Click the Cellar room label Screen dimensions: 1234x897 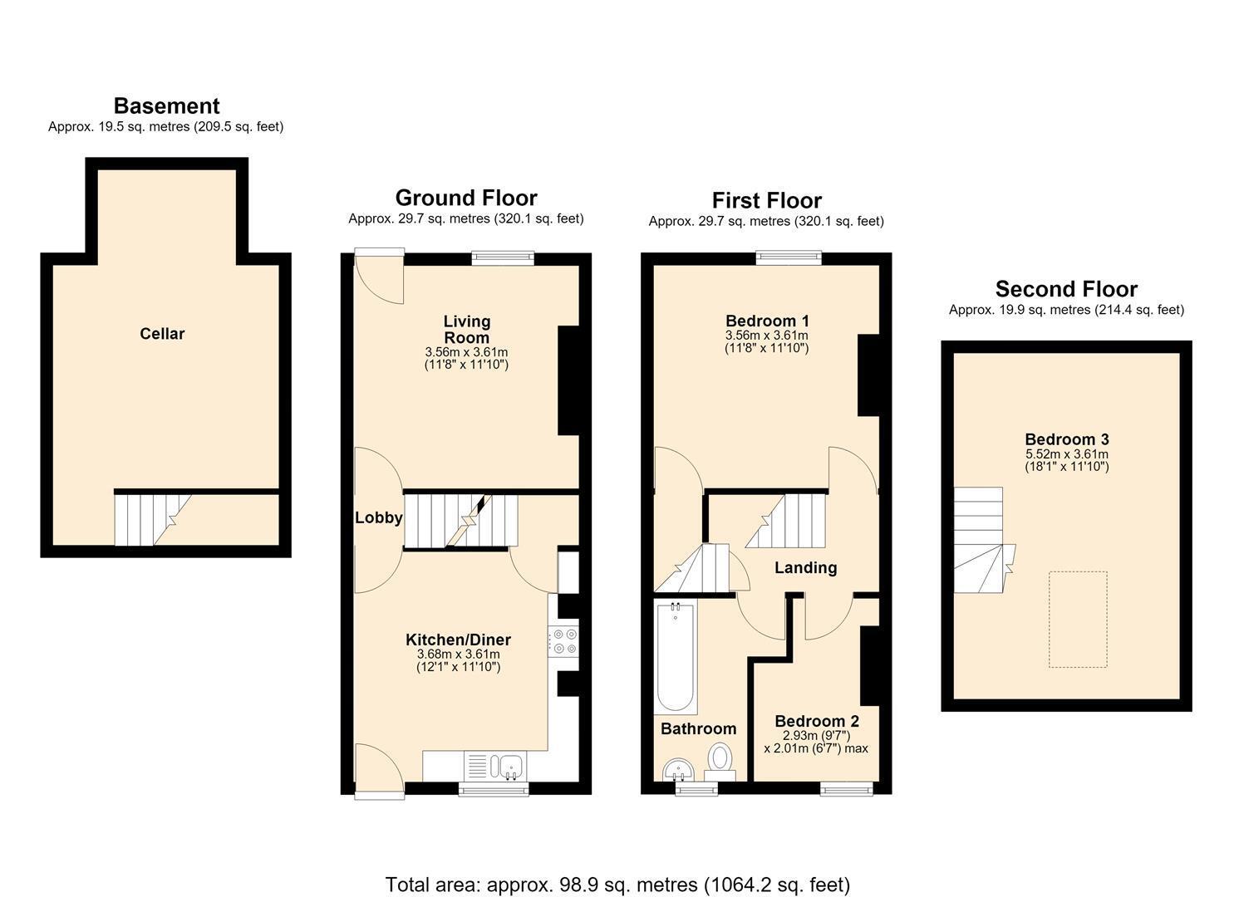tap(162, 334)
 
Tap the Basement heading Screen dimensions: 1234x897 tap(166, 105)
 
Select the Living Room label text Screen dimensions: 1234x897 tap(467, 329)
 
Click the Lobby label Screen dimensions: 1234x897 tap(378, 517)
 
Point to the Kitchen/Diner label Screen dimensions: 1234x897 tap(459, 640)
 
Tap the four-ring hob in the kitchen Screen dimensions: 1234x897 tap(563, 641)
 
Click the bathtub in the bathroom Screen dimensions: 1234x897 tap(676, 656)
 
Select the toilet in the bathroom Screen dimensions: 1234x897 tap(720, 762)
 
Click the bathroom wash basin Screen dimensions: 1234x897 tap(678, 771)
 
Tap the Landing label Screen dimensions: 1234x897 tap(805, 568)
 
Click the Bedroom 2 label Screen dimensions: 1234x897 tap(816, 721)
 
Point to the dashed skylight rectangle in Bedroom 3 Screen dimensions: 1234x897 tap(1078, 620)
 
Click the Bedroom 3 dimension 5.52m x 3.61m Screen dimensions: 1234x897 tap(1066, 454)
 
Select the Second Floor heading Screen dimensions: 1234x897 tap(1066, 289)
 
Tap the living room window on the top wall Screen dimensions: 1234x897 tap(503, 258)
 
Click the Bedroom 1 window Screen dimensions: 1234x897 tap(789, 257)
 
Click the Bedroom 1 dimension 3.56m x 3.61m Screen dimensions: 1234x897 tap(766, 336)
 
